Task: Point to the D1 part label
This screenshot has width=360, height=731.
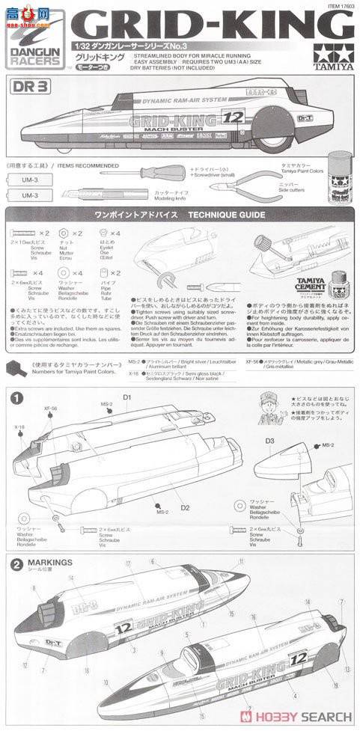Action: tap(127, 396)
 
